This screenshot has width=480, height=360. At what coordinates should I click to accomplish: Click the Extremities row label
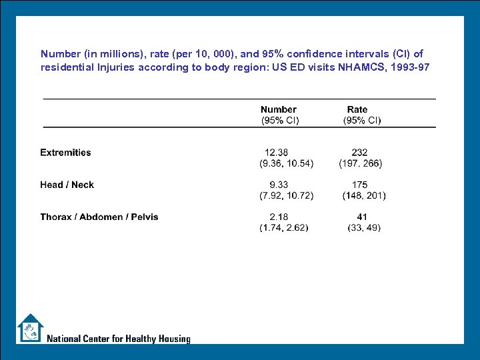[x=65, y=153]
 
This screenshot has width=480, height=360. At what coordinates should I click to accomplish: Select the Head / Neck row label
[x=67, y=185]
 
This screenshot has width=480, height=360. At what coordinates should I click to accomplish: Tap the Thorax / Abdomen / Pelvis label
[x=99, y=217]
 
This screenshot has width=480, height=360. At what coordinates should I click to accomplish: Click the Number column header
[x=279, y=109]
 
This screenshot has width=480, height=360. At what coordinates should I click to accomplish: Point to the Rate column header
[x=357, y=109]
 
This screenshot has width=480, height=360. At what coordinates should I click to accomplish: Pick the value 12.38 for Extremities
[x=277, y=152]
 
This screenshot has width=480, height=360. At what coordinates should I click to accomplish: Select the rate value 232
[x=359, y=152]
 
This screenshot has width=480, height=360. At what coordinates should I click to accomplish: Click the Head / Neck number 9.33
[x=279, y=185]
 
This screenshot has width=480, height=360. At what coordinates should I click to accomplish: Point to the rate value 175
[x=360, y=185]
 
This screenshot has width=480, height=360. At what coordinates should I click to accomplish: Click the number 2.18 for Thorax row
[x=279, y=217]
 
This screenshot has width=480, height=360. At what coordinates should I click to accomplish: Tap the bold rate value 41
[x=362, y=217]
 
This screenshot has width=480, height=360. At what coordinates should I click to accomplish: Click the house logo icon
[x=30, y=328]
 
